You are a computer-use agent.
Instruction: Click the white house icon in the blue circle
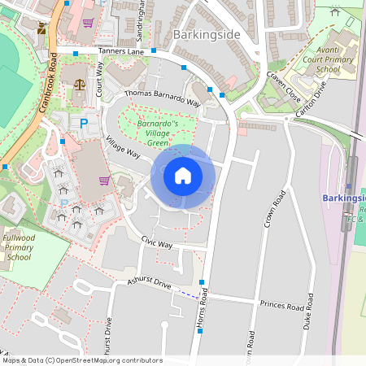[183, 175]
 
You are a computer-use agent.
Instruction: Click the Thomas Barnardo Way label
[162, 98]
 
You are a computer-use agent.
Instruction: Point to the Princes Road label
[281, 307]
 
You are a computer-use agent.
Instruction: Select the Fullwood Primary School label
[19, 247]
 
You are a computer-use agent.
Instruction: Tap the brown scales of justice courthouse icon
[79, 83]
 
